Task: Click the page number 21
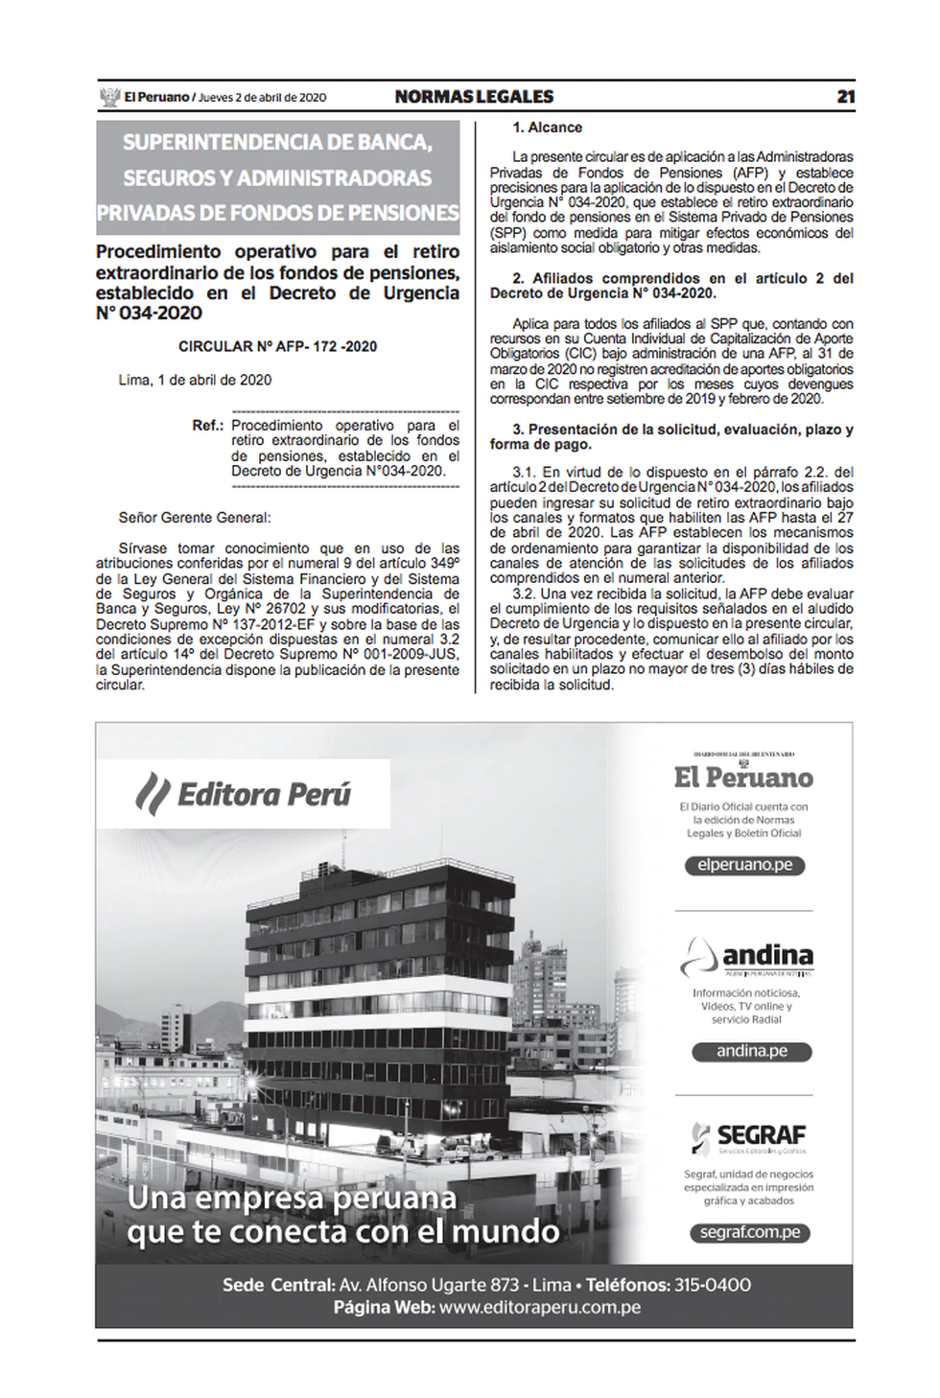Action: (x=845, y=97)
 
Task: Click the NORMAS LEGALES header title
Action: (x=474, y=97)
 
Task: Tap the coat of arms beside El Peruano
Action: (x=108, y=97)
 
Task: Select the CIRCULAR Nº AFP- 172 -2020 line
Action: (x=278, y=346)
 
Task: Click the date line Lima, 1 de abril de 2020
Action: (x=195, y=380)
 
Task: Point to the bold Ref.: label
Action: (x=208, y=425)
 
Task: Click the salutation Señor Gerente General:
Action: (x=195, y=518)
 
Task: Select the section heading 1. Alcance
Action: (x=547, y=128)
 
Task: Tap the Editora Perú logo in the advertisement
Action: (x=244, y=794)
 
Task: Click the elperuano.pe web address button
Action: (x=743, y=865)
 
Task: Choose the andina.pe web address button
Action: (x=751, y=1051)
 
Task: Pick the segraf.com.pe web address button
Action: (x=748, y=1233)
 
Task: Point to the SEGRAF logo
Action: (x=748, y=1137)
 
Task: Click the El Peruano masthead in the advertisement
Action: (x=743, y=776)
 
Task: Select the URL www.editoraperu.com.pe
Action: (x=541, y=1308)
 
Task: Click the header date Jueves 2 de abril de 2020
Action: (x=263, y=98)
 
